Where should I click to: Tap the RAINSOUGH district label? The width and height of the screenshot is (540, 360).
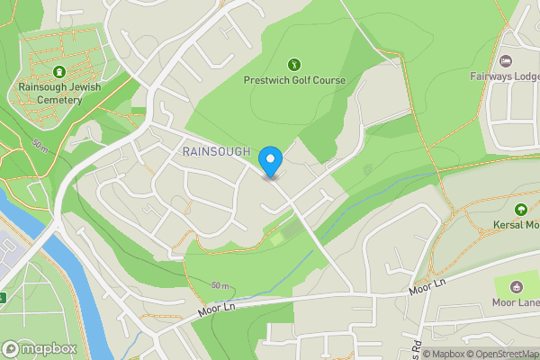(x=216, y=152)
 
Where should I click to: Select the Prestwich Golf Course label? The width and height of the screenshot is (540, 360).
(x=294, y=80)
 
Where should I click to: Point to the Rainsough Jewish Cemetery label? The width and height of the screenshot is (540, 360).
(x=58, y=94)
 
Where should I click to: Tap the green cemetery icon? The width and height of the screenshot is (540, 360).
(x=58, y=71)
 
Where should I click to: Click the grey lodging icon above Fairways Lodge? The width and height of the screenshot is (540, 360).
(x=506, y=61)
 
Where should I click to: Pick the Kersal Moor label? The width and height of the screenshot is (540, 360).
(x=516, y=224)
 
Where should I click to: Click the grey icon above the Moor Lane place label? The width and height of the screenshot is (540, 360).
(x=517, y=287)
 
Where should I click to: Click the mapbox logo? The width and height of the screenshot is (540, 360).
(x=40, y=348)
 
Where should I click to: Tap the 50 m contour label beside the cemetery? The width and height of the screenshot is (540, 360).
(x=40, y=145)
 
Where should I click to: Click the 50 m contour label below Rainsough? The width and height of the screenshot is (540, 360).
(x=220, y=285)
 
